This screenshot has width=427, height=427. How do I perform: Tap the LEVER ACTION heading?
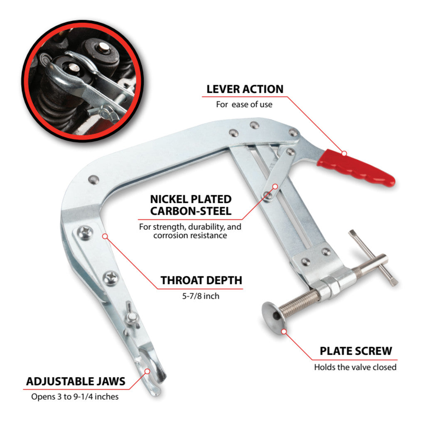[x=245, y=89]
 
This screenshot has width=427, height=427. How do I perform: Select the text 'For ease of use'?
[x=244, y=104]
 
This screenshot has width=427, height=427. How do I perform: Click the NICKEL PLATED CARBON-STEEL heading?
[x=191, y=205]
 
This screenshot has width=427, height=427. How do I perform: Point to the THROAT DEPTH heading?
[x=201, y=280]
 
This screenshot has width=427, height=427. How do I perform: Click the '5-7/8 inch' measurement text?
[x=201, y=296]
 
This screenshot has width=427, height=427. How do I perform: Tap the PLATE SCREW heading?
[x=356, y=351]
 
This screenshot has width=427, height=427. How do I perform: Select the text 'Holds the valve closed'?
[x=356, y=367]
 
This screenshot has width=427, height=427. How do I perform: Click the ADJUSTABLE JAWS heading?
[x=76, y=381]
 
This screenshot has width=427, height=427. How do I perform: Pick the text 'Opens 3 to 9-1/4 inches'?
[x=75, y=397]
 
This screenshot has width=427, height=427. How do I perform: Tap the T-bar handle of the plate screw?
[x=373, y=258]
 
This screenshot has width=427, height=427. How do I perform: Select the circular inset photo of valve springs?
[x=83, y=81]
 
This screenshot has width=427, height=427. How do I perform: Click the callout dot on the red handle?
[x=344, y=153]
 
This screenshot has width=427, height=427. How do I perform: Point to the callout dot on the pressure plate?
[x=284, y=331]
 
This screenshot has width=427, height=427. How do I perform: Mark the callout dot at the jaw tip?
[x=147, y=371]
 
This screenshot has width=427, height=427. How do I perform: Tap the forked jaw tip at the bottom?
[x=152, y=372]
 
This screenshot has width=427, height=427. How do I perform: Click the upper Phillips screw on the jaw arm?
[x=85, y=233]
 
